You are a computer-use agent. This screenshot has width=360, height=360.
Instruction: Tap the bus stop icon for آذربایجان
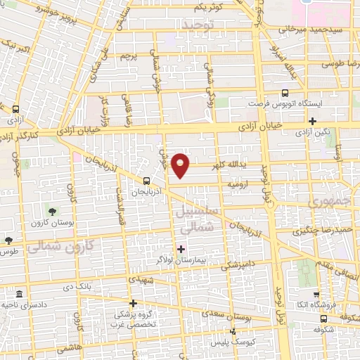146,180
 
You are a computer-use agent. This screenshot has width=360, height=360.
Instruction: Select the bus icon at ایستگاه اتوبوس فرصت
285,92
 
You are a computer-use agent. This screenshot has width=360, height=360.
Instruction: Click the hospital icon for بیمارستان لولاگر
181,248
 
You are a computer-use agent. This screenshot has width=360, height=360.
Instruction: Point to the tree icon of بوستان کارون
51,211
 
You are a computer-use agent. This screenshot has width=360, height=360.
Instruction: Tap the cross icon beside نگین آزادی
311,120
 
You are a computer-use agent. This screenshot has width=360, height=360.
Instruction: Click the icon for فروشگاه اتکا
316,296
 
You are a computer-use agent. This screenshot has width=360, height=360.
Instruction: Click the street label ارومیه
239,184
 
